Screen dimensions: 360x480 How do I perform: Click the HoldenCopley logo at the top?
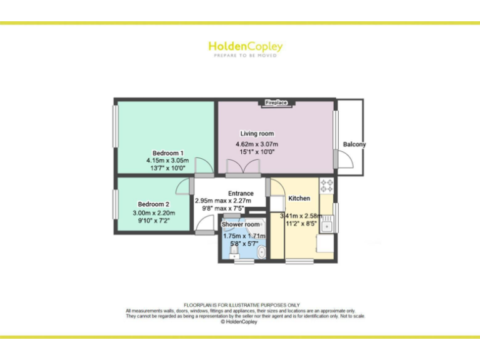245,46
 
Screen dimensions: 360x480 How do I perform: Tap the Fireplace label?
276,102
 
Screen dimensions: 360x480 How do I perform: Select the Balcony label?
354,144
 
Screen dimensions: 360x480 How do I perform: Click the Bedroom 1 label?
168,153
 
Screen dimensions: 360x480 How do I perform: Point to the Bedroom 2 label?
154,204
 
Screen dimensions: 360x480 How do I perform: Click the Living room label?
257,134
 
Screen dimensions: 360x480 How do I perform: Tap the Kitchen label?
299,199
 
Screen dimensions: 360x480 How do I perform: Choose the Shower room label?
241,224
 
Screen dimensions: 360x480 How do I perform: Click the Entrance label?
241,194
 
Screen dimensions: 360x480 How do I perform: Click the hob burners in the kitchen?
326,184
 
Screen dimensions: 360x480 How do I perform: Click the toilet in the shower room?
234,252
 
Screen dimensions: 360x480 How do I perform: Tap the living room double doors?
242,167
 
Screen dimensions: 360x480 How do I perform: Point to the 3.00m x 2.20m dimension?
154,213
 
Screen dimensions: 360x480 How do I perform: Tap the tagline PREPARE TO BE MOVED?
245,56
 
